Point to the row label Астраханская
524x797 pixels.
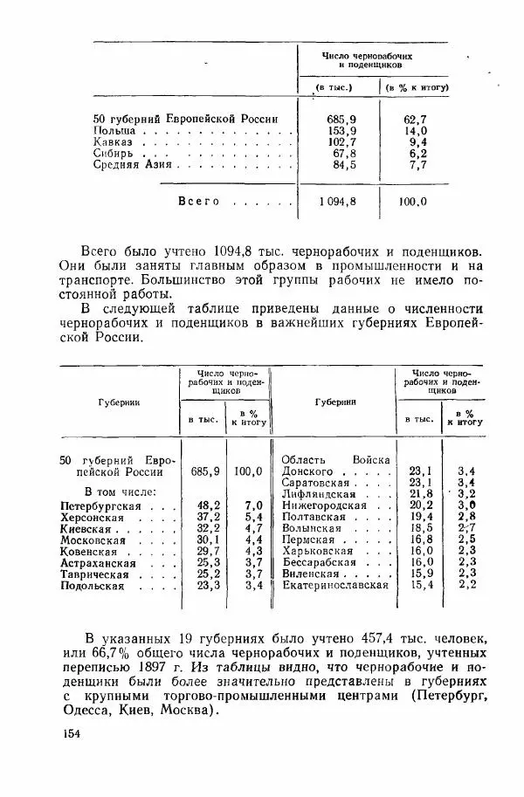[96, 563]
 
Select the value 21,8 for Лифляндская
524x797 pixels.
[422, 493]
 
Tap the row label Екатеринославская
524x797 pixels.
[335, 585]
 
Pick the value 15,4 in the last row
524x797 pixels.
[422, 585]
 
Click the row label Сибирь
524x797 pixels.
[114, 153]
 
